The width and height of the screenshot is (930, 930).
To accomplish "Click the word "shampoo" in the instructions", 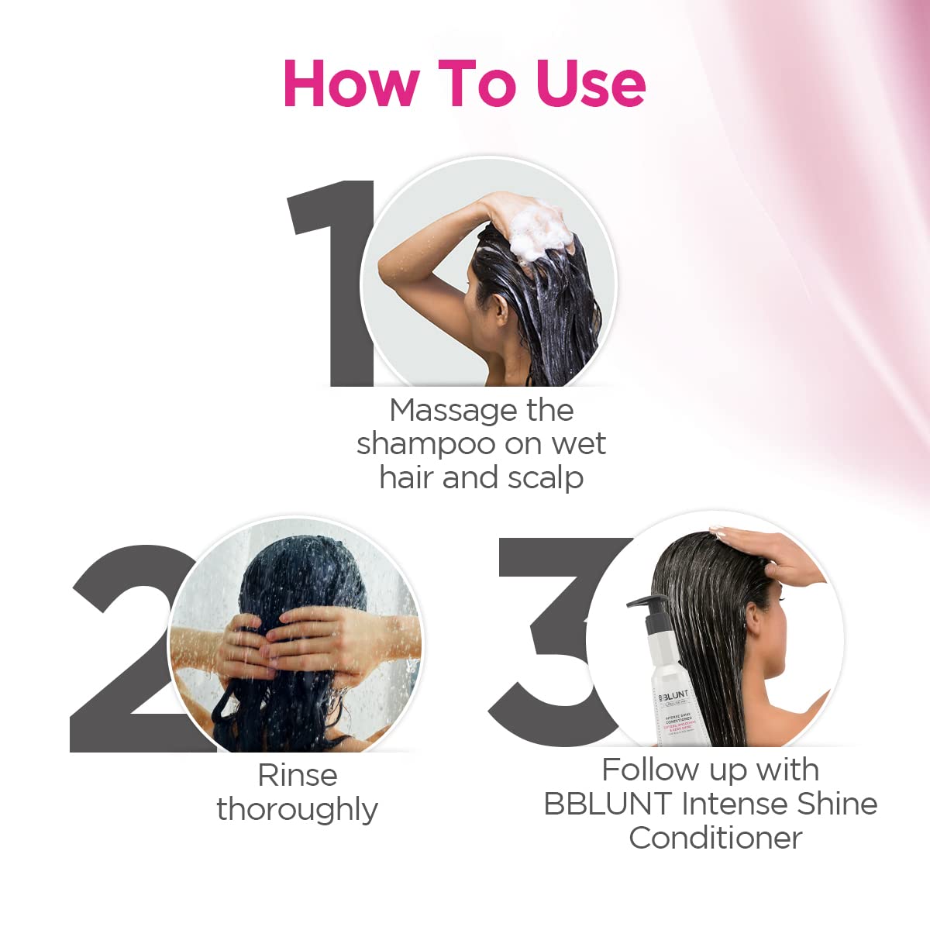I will click(425, 445).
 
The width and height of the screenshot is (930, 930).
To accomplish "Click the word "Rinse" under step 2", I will click(298, 775).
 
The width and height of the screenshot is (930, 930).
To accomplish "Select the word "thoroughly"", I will click(298, 810).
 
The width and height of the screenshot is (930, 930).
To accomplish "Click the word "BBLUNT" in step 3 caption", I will click(607, 804).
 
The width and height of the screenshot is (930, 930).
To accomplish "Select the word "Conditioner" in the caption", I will click(715, 838).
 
